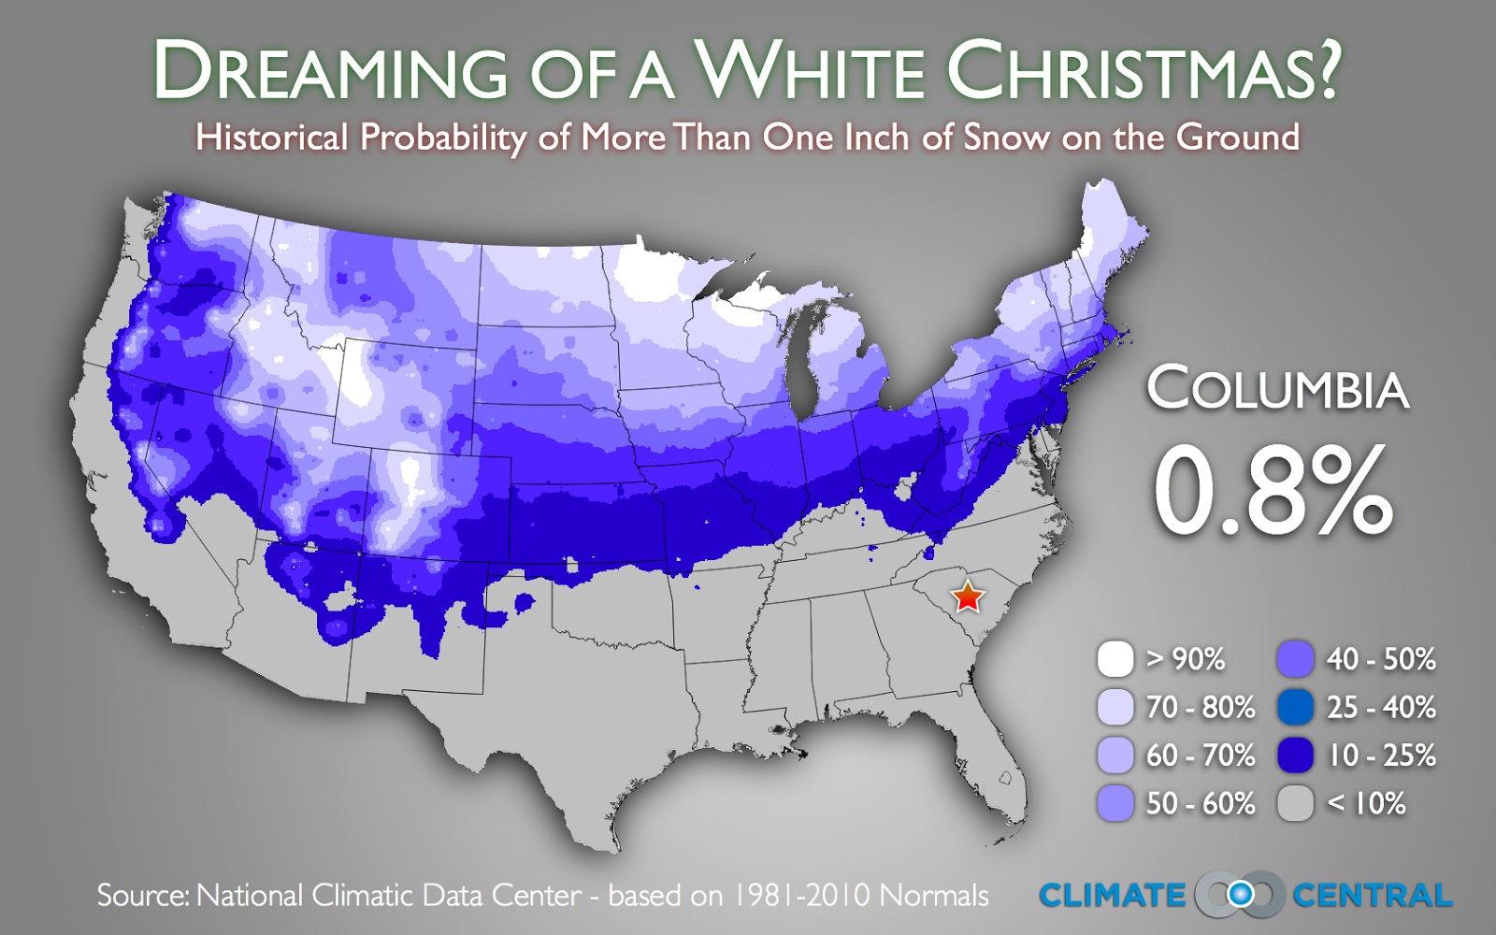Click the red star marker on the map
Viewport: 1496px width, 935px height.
click(x=968, y=597)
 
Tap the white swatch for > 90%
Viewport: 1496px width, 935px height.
click(x=1115, y=659)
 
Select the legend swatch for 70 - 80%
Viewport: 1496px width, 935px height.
click(x=1115, y=708)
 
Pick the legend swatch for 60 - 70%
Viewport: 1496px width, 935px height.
click(x=1115, y=755)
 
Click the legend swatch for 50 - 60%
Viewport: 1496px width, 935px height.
click(x=1115, y=803)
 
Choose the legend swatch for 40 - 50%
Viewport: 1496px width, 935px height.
click(x=1295, y=659)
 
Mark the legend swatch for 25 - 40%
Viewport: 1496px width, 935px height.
click(x=1295, y=708)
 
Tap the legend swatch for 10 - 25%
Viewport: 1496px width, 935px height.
click(x=1295, y=755)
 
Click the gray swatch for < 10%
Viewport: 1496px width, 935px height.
click(x=1295, y=803)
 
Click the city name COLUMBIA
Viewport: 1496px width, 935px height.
click(x=1277, y=389)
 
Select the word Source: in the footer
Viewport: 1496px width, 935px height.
click(x=143, y=896)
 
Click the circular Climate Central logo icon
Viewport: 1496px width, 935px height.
click(x=1240, y=895)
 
